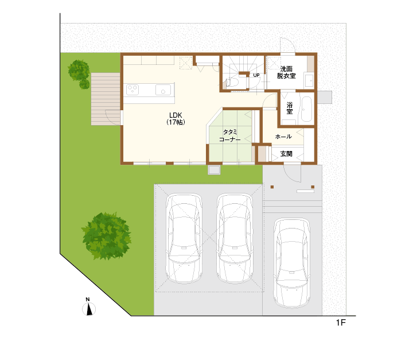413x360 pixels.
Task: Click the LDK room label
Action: pyautogui.click(x=176, y=118)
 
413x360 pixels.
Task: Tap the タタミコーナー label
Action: pyautogui.click(x=230, y=136)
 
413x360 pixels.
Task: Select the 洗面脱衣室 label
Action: pyautogui.click(x=286, y=72)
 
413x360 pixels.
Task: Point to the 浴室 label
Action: pyautogui.click(x=290, y=108)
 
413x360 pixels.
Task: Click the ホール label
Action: pyautogui.click(x=283, y=136)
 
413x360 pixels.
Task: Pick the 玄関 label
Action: pyautogui.click(x=286, y=153)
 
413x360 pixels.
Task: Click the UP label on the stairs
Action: pyautogui.click(x=256, y=75)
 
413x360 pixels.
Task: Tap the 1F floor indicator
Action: pyautogui.click(x=341, y=323)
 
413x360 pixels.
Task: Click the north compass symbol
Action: pyautogui.click(x=89, y=307)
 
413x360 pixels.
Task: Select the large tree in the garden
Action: pyautogui.click(x=107, y=236)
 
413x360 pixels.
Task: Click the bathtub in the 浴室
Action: pyautogui.click(x=306, y=109)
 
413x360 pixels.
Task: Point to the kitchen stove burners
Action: pyautogui.click(x=133, y=90)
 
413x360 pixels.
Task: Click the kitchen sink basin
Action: pyautogui.click(x=163, y=90)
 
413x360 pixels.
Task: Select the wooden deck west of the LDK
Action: pyautogui.click(x=106, y=99)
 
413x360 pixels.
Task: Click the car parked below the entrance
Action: pyautogui.click(x=291, y=263)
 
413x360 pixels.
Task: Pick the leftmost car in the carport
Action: pyautogui.click(x=184, y=239)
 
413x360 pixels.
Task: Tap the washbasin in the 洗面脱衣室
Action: pyautogui.click(x=309, y=80)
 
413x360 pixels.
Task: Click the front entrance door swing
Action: pyautogui.click(x=292, y=173)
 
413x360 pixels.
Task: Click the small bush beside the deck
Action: pyautogui.click(x=84, y=84)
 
